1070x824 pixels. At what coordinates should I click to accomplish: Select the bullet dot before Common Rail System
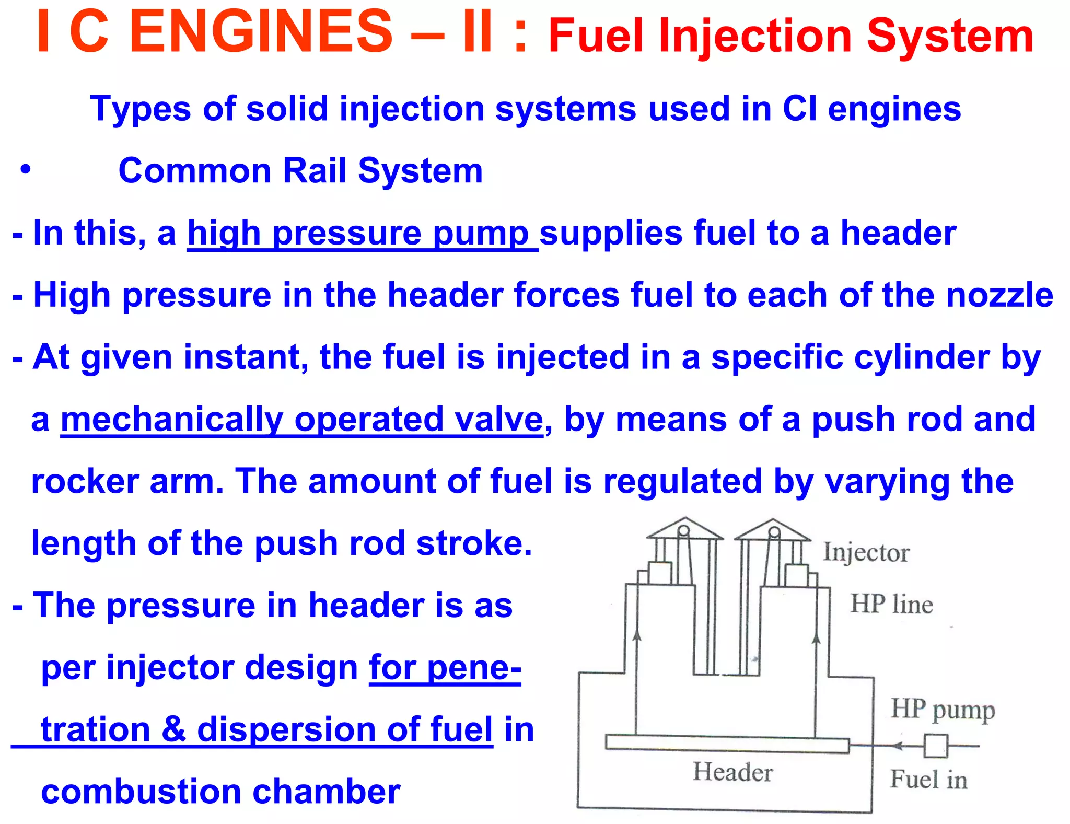25,170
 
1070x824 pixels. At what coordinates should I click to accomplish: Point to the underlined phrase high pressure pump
362,234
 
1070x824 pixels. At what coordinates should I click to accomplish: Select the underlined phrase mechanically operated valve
302,420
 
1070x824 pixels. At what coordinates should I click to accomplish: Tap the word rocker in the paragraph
85,481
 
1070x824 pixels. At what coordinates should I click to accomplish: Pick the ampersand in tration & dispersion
174,729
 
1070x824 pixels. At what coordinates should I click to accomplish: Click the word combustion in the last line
141,792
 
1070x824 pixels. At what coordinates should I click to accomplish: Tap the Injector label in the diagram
866,553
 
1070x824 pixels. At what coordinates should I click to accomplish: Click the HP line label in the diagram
891,605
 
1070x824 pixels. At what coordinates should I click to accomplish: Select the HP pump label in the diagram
943,710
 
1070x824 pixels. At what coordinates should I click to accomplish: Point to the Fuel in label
928,780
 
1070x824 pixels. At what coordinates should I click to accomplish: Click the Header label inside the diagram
732,772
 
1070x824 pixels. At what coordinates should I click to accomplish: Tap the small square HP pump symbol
935,746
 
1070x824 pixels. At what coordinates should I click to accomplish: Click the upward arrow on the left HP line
636,635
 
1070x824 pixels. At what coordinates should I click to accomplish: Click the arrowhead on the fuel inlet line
897,746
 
